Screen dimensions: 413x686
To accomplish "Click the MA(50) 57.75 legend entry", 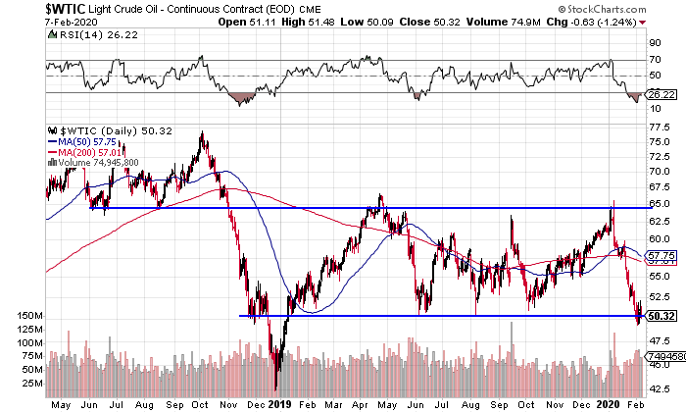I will point(88,140).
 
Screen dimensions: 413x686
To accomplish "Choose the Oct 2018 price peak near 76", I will point(202,133).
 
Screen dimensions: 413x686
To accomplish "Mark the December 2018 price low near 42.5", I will point(276,389).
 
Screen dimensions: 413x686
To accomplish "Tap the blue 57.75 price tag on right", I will point(661,255).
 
